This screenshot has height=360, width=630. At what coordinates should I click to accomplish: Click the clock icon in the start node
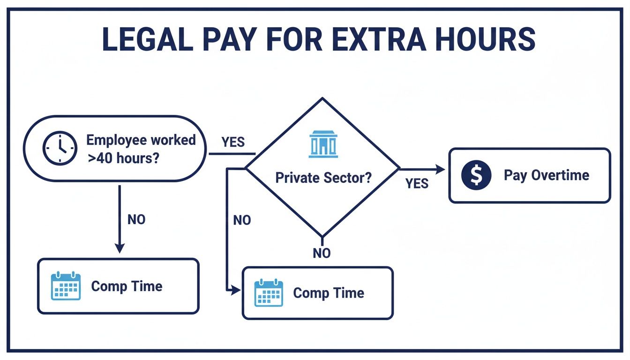point(60,148)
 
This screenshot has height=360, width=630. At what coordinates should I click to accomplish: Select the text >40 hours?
point(123,157)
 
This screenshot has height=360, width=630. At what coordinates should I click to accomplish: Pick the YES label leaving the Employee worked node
point(233,142)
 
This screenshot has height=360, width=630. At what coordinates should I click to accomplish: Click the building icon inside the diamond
point(323,144)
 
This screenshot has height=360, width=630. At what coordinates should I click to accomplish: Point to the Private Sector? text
point(323,178)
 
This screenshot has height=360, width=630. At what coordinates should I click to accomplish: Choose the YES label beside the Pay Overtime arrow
point(417,183)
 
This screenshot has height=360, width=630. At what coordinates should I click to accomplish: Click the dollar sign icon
point(476,175)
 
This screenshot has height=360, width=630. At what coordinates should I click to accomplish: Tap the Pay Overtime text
point(546,175)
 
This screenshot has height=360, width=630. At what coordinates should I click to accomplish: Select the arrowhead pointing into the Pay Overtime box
point(440,169)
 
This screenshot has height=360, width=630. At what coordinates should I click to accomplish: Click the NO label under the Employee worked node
point(136,219)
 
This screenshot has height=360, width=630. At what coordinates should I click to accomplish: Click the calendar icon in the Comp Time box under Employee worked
point(66,286)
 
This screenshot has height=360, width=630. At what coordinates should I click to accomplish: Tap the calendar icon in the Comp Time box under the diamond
point(269,293)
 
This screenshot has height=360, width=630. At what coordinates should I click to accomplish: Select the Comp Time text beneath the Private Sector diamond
point(328,293)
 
